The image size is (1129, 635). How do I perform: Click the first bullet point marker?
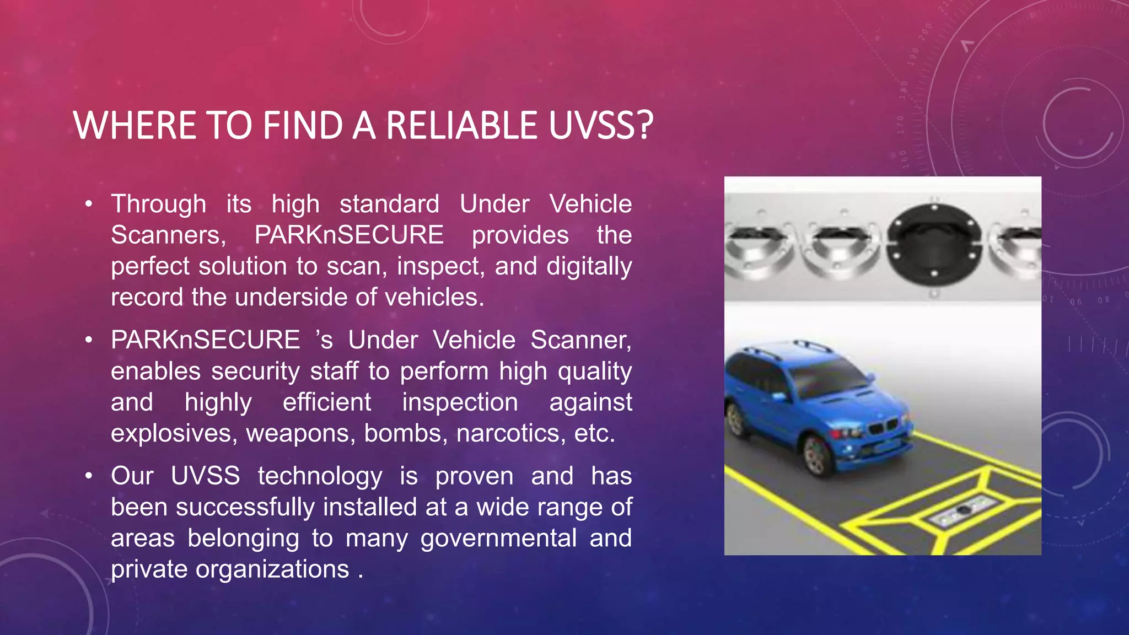click(x=89, y=205)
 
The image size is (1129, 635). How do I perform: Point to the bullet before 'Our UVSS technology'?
click(x=89, y=476)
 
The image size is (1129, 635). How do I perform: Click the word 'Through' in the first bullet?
click(x=159, y=205)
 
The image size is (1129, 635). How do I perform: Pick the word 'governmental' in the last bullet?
click(x=498, y=538)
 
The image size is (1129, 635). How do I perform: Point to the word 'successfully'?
click(x=246, y=507)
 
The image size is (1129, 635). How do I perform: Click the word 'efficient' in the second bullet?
click(x=326, y=402)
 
